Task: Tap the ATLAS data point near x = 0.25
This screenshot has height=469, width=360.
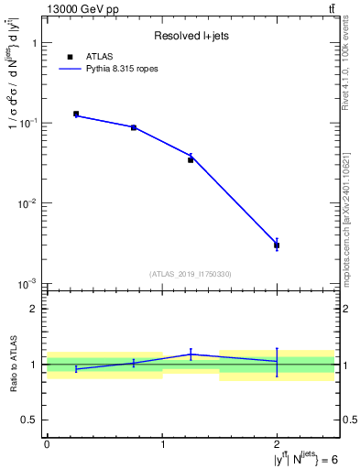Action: point(76,114)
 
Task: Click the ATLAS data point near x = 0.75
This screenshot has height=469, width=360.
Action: point(134,127)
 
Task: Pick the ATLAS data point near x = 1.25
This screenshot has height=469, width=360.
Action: point(191,159)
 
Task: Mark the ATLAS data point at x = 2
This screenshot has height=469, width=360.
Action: point(277,245)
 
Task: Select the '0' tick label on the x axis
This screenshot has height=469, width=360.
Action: point(47,443)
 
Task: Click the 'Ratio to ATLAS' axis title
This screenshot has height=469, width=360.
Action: point(12,364)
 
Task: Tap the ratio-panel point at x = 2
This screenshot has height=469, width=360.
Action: point(277,361)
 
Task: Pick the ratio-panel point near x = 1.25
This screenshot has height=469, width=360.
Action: point(191,354)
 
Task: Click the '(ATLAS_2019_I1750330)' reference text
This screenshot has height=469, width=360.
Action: point(191,274)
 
